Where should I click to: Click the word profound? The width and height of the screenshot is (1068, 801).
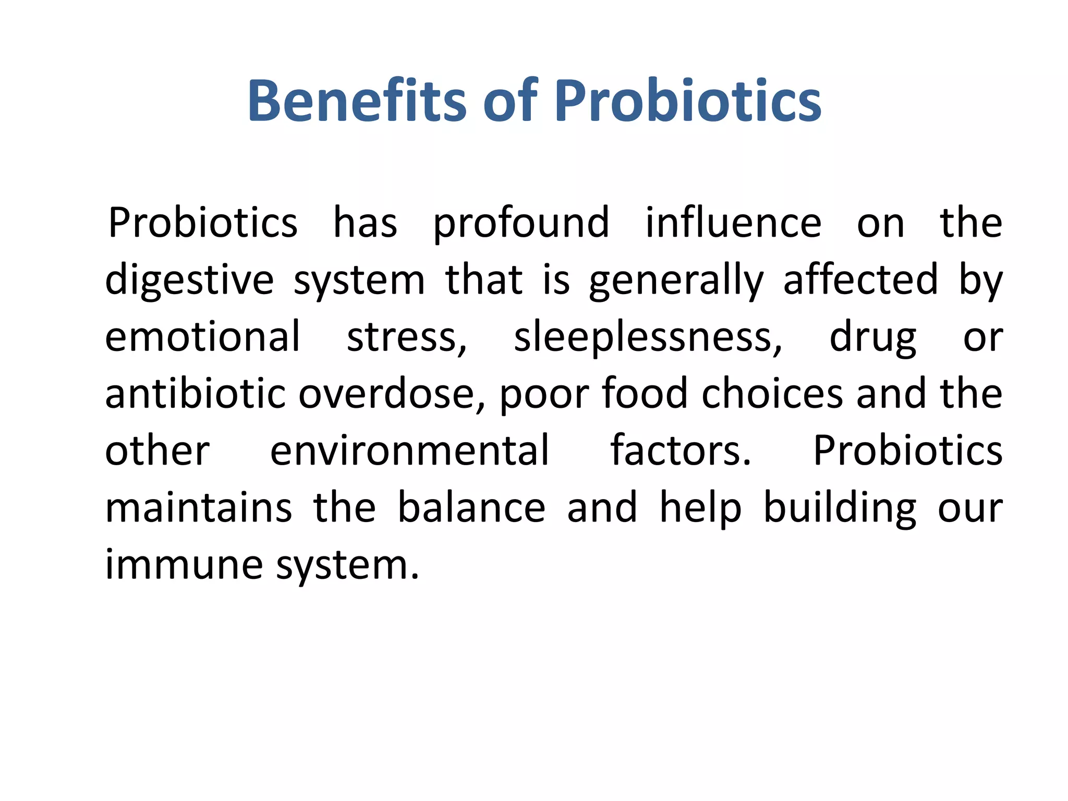click(x=521, y=224)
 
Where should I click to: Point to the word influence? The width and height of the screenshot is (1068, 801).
click(x=733, y=223)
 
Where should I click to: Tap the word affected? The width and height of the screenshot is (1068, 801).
click(x=860, y=280)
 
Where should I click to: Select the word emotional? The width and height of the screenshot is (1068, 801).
click(x=203, y=337)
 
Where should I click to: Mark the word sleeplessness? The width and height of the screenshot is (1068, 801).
click(x=648, y=338)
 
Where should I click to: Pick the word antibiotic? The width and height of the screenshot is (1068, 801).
click(x=195, y=394)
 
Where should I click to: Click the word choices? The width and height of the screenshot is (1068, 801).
click(x=772, y=394)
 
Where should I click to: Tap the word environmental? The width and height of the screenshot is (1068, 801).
click(x=409, y=451)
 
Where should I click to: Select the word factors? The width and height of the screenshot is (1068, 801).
click(x=681, y=451)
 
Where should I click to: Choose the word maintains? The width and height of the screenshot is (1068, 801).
click(x=199, y=508)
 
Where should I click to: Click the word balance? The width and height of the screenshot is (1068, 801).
click(x=471, y=508)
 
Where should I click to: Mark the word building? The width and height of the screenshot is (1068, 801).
click(x=840, y=509)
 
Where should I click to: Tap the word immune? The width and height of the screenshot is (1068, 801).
click(x=184, y=565)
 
